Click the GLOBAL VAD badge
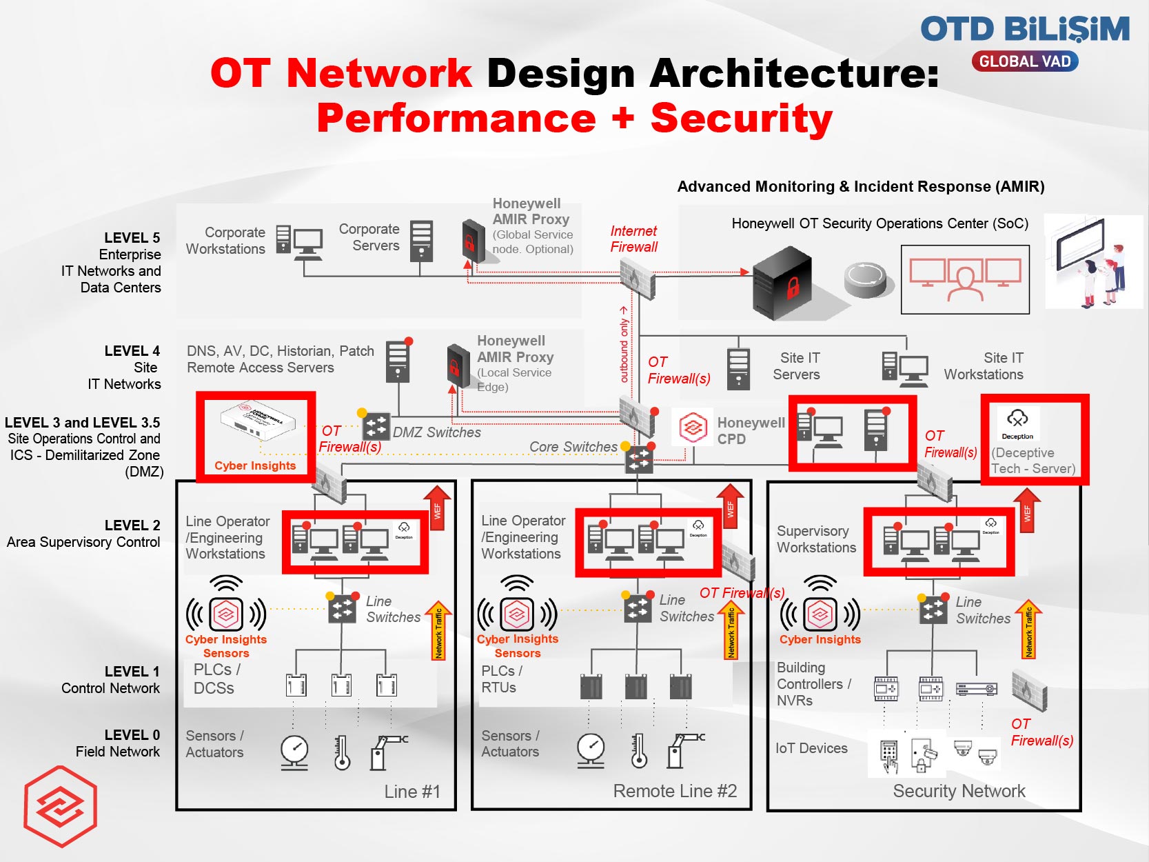[1025, 61]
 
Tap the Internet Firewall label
[633, 239]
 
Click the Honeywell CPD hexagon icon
[693, 429]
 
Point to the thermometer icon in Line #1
[342, 752]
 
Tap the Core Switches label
[573, 447]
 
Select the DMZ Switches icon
[376, 425]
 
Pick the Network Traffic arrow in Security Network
[1028, 629]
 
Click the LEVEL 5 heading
[132, 238]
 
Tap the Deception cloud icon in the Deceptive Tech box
[1017, 418]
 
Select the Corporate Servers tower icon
[421, 241]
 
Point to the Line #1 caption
[411, 792]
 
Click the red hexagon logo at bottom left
[61, 806]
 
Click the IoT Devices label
[811, 748]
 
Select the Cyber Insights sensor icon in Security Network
[820, 613]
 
